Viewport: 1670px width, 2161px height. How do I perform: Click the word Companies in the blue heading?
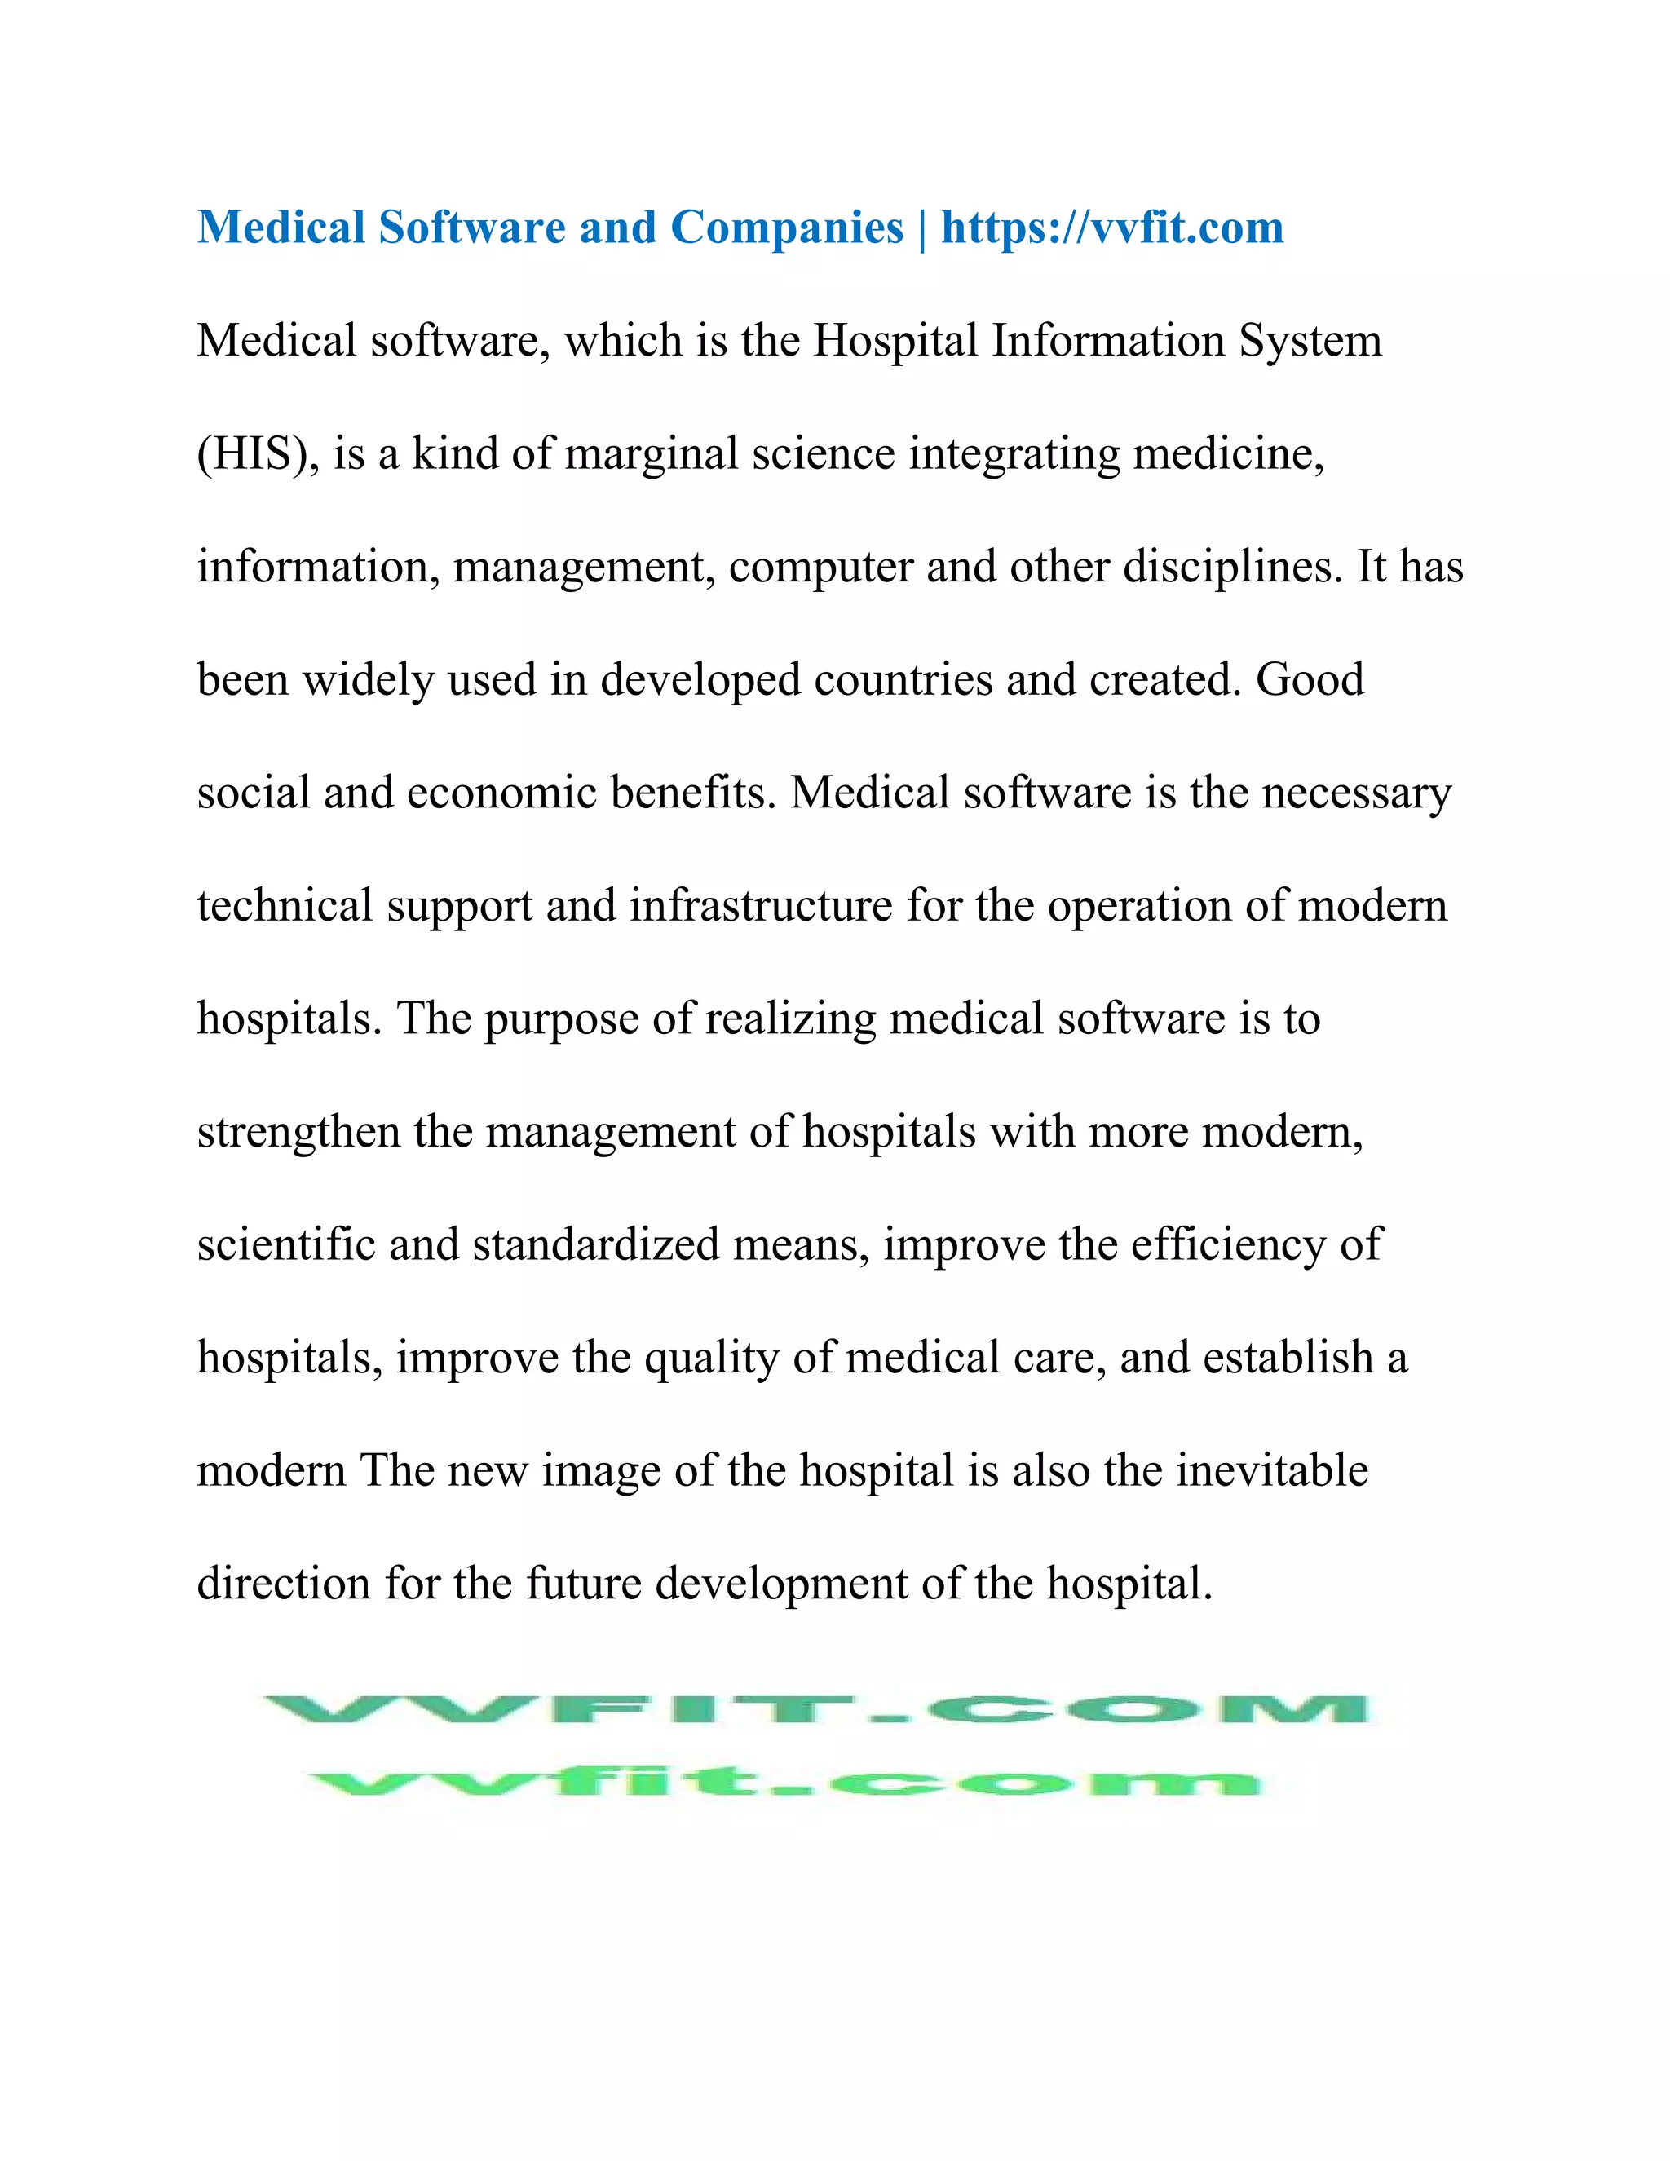pos(787,228)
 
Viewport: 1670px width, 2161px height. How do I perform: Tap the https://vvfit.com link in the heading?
pos(1112,228)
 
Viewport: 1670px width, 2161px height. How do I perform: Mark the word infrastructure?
pos(761,906)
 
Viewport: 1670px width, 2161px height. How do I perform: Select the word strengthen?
pos(298,1132)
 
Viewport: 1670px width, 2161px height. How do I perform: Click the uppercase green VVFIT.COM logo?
pos(816,1710)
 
